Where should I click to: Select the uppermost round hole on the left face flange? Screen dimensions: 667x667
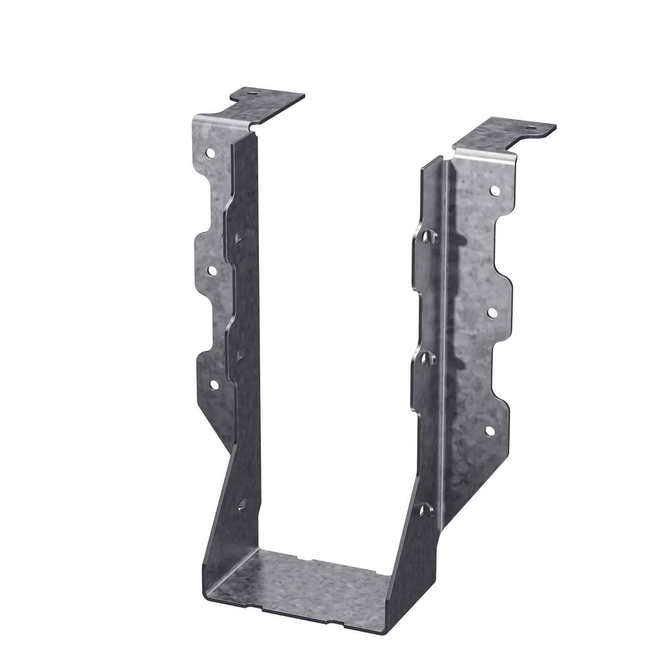(211, 153)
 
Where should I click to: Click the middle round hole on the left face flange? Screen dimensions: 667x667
(212, 270)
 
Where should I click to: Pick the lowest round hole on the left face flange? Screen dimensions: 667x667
(213, 384)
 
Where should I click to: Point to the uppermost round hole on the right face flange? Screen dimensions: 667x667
(494, 190)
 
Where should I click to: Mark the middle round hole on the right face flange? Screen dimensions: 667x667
(492, 312)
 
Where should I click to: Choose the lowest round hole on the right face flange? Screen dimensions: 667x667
(489, 430)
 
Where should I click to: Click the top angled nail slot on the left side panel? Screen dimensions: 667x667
(240, 237)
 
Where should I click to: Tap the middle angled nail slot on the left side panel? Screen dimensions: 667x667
(240, 355)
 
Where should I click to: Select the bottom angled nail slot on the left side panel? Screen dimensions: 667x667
(242, 504)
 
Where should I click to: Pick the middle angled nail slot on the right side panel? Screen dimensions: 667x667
(424, 358)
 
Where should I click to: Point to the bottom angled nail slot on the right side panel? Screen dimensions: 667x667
(425, 510)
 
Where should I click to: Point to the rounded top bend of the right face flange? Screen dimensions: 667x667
(486, 154)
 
